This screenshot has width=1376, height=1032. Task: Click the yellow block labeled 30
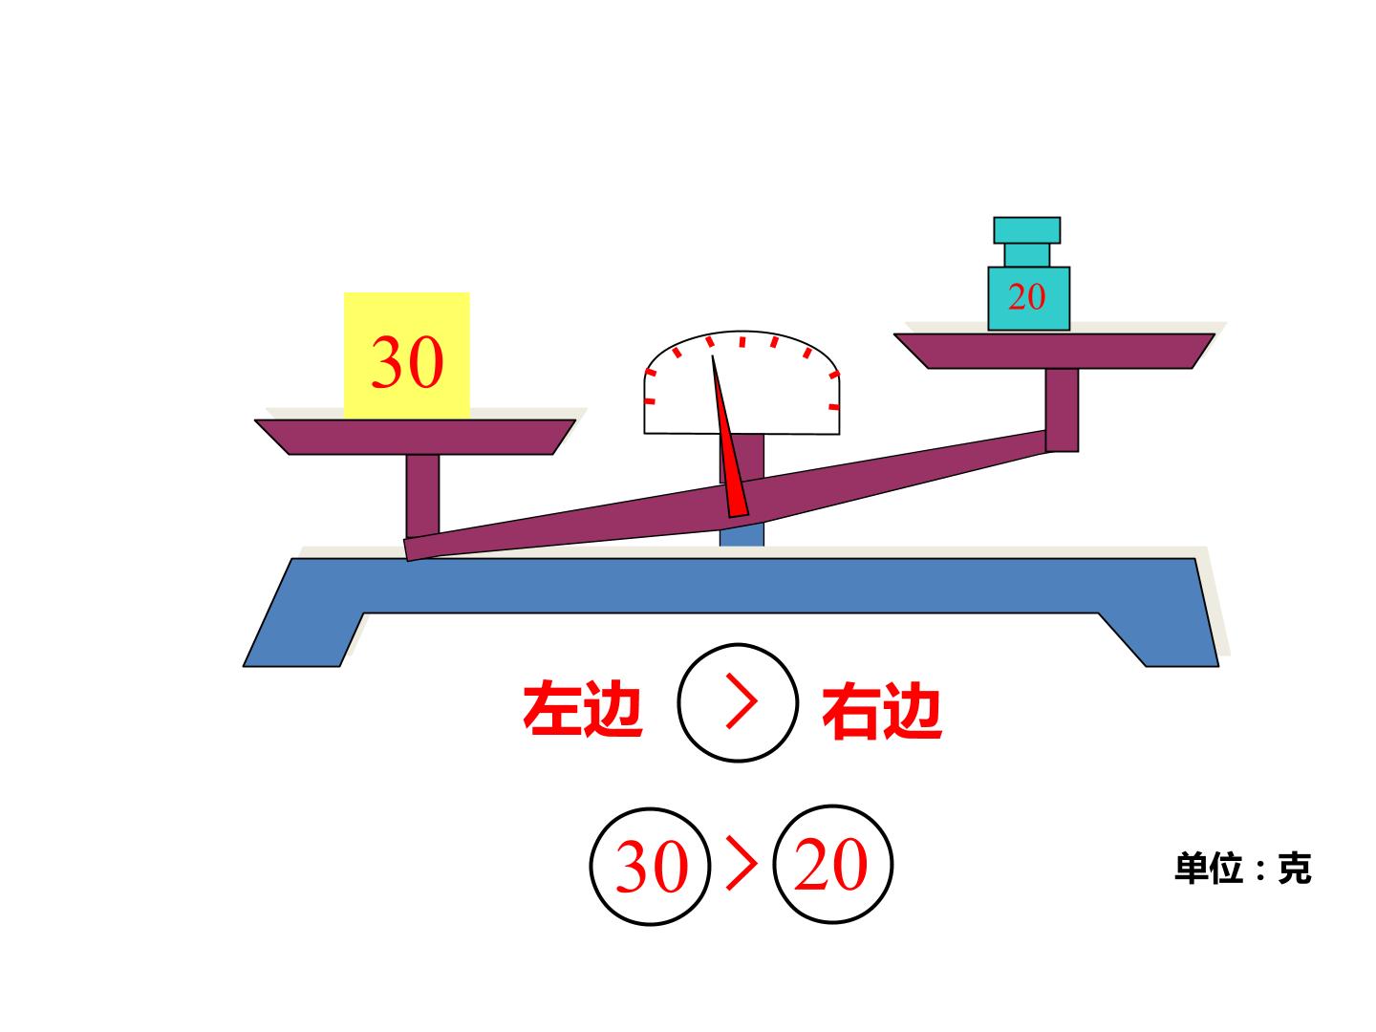click(x=406, y=355)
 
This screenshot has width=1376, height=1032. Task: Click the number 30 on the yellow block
click(x=407, y=362)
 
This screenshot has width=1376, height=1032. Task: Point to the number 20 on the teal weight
click(x=1027, y=296)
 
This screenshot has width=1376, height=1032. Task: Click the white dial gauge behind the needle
click(x=742, y=382)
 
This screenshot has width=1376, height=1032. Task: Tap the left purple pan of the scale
click(x=415, y=437)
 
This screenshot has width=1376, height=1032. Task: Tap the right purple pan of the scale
click(x=1054, y=351)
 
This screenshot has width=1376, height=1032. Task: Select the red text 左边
click(x=582, y=709)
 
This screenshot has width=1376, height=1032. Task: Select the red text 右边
click(x=882, y=710)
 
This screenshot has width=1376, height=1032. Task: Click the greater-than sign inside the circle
click(x=742, y=701)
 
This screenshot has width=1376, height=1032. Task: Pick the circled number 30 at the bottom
click(x=651, y=866)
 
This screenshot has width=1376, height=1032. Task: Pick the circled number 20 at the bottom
click(x=832, y=865)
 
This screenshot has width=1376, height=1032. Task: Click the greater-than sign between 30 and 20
click(x=742, y=864)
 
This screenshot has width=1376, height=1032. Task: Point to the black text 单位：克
click(x=1243, y=868)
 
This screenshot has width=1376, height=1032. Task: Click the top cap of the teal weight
click(x=1027, y=230)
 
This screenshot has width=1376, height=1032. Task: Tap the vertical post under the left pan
click(x=422, y=495)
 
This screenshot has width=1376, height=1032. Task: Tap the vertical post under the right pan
click(x=1062, y=410)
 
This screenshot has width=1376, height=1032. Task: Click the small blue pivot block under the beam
click(x=742, y=534)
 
